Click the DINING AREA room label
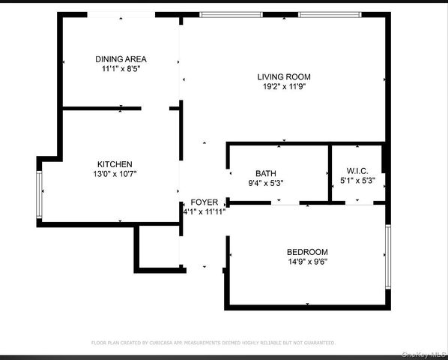click(121, 58)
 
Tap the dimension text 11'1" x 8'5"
click(121, 68)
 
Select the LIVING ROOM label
click(284, 76)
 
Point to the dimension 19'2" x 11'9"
click(284, 86)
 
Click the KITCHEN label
click(115, 164)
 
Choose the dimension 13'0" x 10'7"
click(115, 174)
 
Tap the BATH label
click(266, 172)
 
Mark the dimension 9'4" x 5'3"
click(266, 182)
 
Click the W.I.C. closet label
click(357, 170)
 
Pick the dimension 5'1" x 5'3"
click(357, 180)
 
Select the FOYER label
click(205, 202)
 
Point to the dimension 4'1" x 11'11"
click(205, 211)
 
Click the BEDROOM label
click(307, 252)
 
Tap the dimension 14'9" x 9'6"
click(307, 262)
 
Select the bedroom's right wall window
click(387, 257)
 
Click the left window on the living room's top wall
click(225, 14)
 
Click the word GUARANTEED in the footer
click(318, 342)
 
